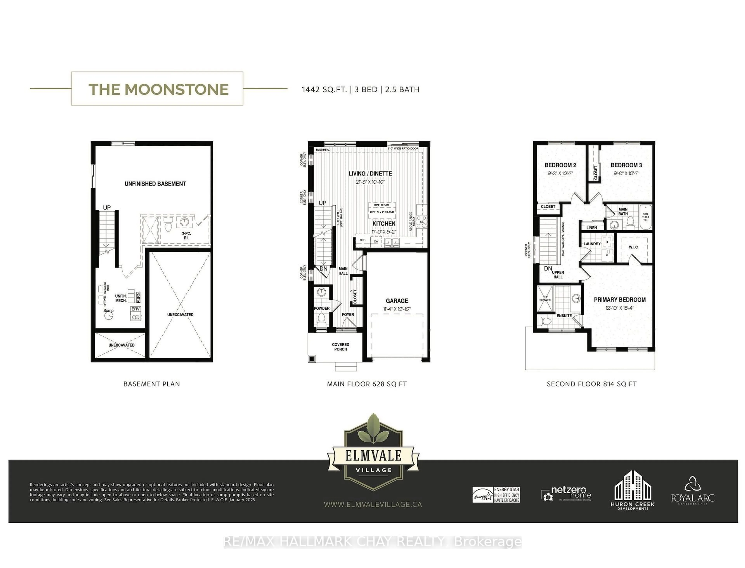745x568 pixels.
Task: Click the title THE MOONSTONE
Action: (158, 89)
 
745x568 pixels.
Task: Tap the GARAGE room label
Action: (397, 300)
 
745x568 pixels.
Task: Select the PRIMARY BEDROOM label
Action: (619, 300)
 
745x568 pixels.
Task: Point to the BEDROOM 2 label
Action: (560, 165)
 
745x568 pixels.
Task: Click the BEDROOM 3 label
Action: (626, 165)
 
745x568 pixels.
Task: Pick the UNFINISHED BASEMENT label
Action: (155, 184)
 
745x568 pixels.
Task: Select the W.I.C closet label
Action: (633, 247)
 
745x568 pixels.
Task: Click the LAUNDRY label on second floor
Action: (592, 244)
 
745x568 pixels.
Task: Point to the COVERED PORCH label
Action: (340, 346)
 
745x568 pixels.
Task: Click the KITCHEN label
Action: (384, 223)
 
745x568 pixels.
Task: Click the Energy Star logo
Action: (496, 495)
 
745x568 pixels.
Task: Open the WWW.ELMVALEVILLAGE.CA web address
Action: (373, 504)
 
